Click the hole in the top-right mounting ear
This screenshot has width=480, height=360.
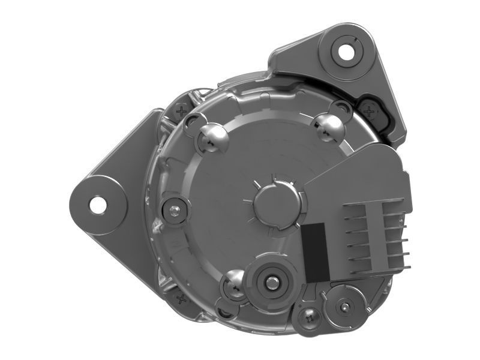(346, 51)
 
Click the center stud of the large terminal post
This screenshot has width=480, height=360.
(273, 280)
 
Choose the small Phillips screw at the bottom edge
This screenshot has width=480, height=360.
(310, 319)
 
